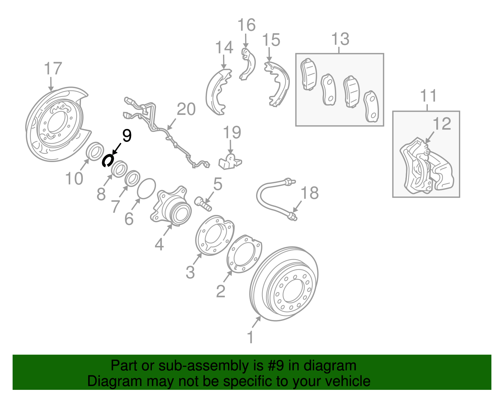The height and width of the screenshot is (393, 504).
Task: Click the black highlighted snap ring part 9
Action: (107, 160)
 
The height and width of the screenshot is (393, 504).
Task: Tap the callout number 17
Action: (53, 69)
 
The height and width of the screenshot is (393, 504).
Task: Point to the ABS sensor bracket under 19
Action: (230, 161)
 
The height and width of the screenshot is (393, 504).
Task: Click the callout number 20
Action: (186, 109)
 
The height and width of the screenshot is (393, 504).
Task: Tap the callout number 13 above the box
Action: (341, 39)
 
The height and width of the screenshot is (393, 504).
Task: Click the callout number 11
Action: (428, 96)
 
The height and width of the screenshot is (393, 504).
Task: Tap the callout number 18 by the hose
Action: (310, 193)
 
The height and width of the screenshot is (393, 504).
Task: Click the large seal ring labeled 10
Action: (95, 151)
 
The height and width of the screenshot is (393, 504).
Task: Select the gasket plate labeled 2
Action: (244, 254)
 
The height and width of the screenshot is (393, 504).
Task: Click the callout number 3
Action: (190, 272)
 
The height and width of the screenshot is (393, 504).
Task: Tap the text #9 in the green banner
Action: (276, 366)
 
